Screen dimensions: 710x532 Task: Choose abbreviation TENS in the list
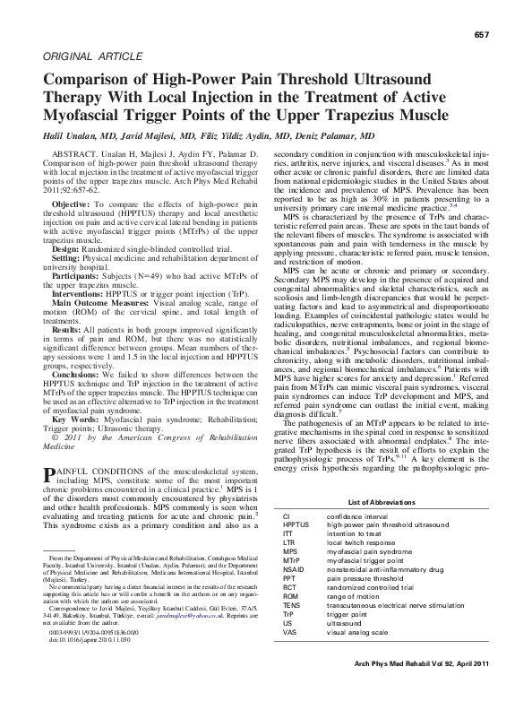click(x=293, y=629)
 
